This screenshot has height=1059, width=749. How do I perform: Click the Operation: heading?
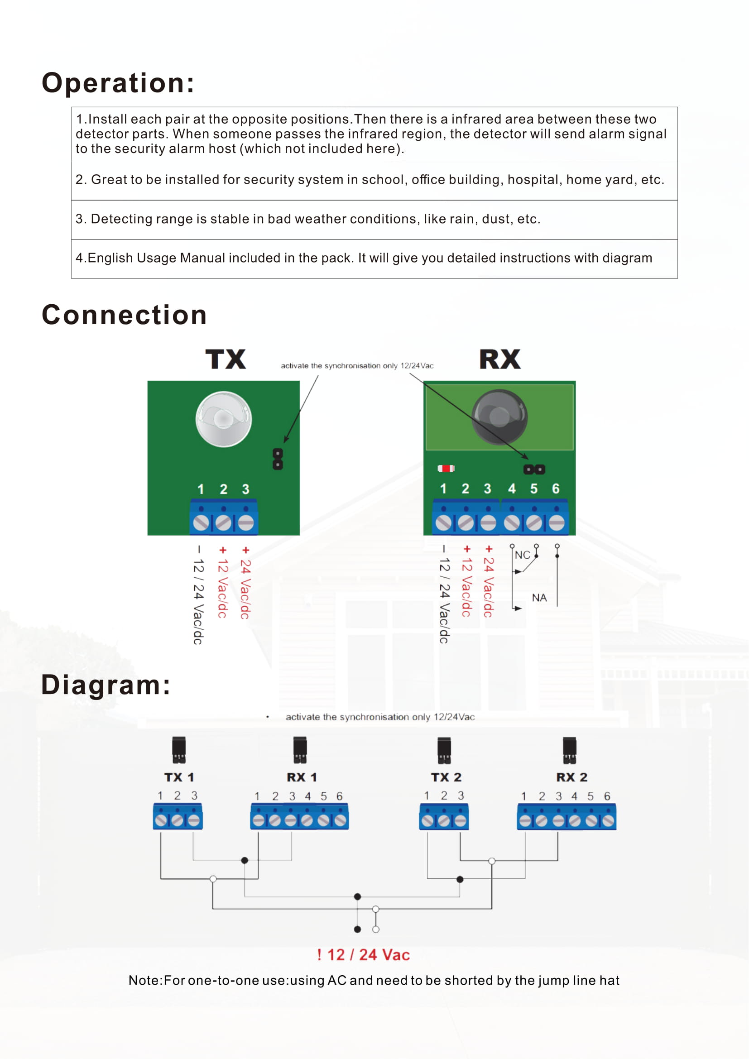118,83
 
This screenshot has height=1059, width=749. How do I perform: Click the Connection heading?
124,315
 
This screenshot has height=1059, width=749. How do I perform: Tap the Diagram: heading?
106,685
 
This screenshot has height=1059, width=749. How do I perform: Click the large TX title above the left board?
226,359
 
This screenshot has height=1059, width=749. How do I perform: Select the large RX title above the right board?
500,359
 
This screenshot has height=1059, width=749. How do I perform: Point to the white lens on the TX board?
224,419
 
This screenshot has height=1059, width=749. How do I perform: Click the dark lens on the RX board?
499,417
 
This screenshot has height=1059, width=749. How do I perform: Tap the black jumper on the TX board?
278,459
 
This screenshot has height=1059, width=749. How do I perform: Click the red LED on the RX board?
446,469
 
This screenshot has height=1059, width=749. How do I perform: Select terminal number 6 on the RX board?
556,489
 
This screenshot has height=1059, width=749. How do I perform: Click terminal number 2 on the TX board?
223,489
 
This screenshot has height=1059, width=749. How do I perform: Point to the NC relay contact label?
523,555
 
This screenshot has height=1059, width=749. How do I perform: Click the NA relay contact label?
539,598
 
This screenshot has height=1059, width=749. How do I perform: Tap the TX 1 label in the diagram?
179,777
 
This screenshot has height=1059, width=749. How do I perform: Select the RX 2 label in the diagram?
572,777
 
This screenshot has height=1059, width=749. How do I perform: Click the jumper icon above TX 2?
444,750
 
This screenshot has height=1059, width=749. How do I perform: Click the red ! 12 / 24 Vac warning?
364,955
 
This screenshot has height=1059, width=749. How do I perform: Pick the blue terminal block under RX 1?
299,816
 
